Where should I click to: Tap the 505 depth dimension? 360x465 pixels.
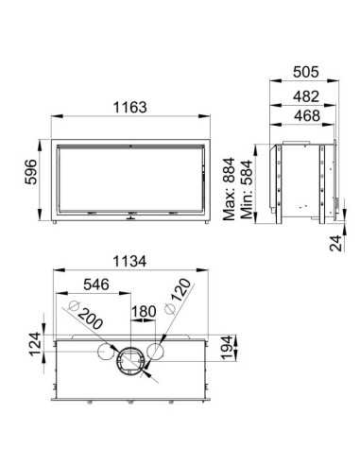point(302,68)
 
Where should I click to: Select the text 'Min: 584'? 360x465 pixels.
point(249,188)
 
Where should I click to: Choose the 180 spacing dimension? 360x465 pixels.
point(144,312)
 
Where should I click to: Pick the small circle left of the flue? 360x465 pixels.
point(99,353)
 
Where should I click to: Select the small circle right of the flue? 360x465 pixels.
point(158,353)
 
